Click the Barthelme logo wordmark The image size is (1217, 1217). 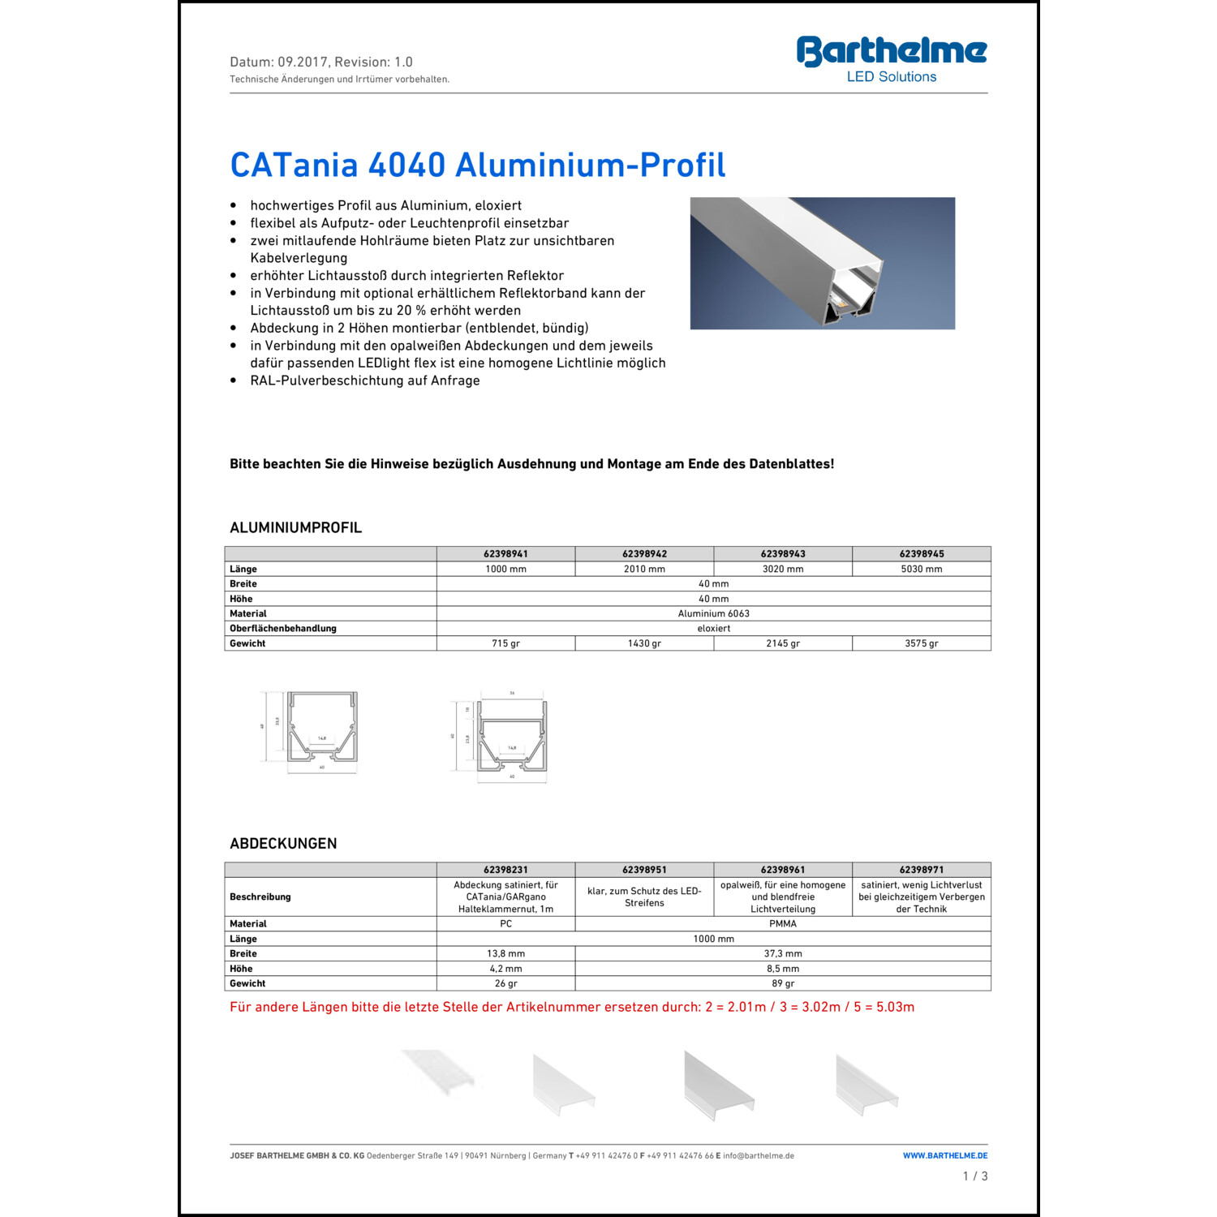891,51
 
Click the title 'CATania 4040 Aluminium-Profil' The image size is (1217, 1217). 477,165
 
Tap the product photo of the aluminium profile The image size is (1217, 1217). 822,263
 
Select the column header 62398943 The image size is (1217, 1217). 783,554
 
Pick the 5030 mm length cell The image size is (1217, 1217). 921,569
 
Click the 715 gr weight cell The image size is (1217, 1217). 505,643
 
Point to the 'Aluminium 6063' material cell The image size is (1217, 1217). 713,613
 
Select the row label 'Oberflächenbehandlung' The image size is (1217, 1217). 282,628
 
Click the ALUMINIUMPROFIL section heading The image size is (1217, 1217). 295,527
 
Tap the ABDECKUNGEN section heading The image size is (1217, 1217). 283,843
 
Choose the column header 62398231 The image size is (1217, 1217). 505,870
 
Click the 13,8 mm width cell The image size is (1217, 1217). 505,953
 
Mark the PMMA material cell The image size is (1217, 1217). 782,923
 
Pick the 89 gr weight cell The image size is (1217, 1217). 782,983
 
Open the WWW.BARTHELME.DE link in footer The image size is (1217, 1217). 945,1155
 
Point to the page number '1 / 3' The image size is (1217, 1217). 974,1176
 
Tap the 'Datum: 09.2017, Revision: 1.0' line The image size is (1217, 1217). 321,62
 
